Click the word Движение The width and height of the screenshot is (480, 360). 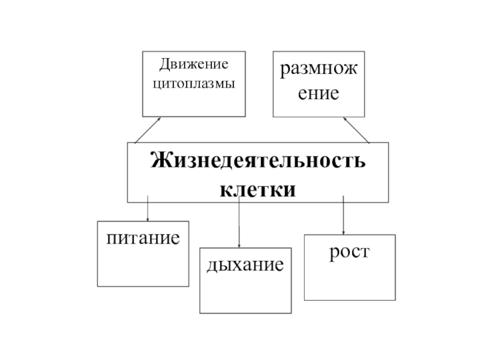click(193, 63)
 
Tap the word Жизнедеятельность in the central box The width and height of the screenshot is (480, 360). click(257, 162)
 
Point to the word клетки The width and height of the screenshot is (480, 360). click(257, 190)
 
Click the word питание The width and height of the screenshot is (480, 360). click(143, 238)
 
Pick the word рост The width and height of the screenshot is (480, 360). click(349, 251)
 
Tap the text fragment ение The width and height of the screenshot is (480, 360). click(319, 94)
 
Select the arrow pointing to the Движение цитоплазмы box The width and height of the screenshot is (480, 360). click(148, 130)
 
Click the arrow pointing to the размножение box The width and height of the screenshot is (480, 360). click(356, 130)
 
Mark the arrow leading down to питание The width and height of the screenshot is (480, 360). click(148, 209)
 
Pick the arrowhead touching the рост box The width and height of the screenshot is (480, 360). click(343, 232)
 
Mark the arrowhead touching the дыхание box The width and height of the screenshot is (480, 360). click(239, 245)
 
